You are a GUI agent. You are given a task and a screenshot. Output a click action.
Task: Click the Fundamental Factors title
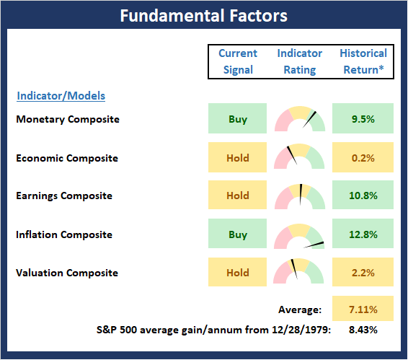pos(204,16)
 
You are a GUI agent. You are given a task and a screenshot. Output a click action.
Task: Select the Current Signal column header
pos(238,61)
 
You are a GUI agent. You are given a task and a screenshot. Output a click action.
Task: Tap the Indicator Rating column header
pos(299,61)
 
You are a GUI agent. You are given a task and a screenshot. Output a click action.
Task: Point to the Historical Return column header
pos(363,61)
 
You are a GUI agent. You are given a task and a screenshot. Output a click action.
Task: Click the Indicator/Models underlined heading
pos(61,96)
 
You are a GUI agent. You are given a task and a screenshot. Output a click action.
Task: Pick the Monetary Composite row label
pos(68,119)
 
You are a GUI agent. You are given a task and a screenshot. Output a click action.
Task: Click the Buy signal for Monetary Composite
pos(237,118)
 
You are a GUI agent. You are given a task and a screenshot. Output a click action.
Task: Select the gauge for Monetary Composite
pos(300,118)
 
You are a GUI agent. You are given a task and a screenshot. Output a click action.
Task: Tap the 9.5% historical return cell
pos(363,118)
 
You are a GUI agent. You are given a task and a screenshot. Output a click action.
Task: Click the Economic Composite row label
pos(67,158)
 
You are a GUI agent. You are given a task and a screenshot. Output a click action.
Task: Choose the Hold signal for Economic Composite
pos(237,157)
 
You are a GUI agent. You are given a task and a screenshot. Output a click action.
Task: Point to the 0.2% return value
pos(363,158)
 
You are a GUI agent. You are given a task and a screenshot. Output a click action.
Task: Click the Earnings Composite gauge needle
pos(301,195)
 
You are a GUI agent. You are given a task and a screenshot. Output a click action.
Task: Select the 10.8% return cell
pos(363,195)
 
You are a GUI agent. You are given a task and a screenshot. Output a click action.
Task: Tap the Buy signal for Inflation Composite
pos(237,234)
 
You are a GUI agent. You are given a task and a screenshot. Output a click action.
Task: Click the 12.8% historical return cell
pos(363,234)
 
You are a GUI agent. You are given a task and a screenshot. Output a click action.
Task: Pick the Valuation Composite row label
pos(67,273)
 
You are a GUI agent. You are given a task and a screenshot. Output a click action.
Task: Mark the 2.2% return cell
pos(363,272)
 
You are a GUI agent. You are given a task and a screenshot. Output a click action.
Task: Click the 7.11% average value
pos(363,309)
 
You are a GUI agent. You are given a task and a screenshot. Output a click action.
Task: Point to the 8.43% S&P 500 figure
pos(363,330)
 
